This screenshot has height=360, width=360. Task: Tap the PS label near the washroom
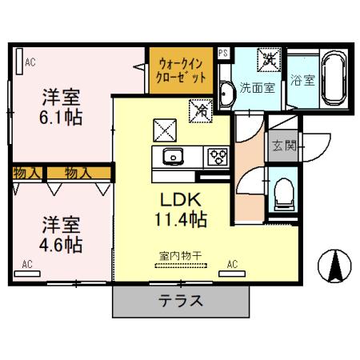point(223,54)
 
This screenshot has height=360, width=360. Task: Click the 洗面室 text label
point(258,87)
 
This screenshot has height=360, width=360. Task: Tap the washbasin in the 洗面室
point(224,94)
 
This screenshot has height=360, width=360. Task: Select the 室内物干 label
point(179,255)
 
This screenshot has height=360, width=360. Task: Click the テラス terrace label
point(178,302)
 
